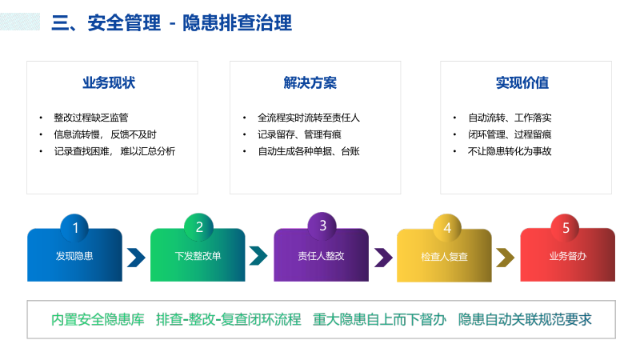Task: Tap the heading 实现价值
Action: coord(522,83)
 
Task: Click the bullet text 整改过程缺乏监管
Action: coord(91,118)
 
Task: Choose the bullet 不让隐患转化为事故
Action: coord(510,151)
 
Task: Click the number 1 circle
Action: coord(75,228)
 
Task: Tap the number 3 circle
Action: coord(322,226)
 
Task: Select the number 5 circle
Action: coord(566,228)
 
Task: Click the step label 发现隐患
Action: coord(74,257)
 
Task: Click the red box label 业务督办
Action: coord(568,257)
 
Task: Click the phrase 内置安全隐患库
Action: coord(98,320)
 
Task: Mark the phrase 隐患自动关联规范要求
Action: coord(525,320)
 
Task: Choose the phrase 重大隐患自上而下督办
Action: coord(379,320)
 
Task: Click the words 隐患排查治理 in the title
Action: coord(237,23)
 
